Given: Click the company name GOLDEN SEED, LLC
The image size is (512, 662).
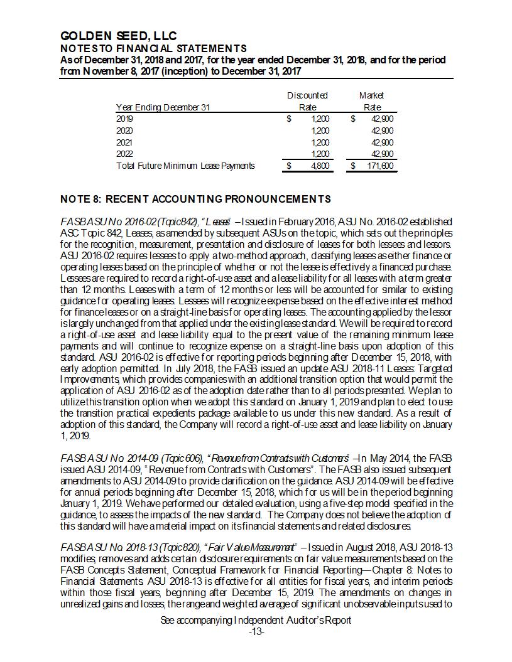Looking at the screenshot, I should [x=118, y=36].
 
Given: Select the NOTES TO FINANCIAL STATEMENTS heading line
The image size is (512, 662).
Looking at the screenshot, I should [x=153, y=48].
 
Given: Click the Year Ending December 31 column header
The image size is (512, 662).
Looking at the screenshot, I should [x=163, y=107].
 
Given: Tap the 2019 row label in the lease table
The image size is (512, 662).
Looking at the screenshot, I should [x=125, y=119].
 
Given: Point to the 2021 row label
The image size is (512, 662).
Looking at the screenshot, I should [x=125, y=142].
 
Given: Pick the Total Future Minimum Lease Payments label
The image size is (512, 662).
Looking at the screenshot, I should [x=185, y=166].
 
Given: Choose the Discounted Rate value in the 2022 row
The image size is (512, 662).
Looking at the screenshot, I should [x=320, y=154].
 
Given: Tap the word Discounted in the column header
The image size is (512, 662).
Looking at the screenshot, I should [x=307, y=95].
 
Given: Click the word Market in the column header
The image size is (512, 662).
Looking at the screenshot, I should [x=371, y=95].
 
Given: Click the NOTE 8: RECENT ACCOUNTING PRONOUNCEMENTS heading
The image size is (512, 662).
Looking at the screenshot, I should [x=195, y=200].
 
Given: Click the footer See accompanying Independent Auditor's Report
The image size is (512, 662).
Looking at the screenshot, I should [x=256, y=620].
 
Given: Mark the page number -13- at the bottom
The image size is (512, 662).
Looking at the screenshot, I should [x=256, y=631].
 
